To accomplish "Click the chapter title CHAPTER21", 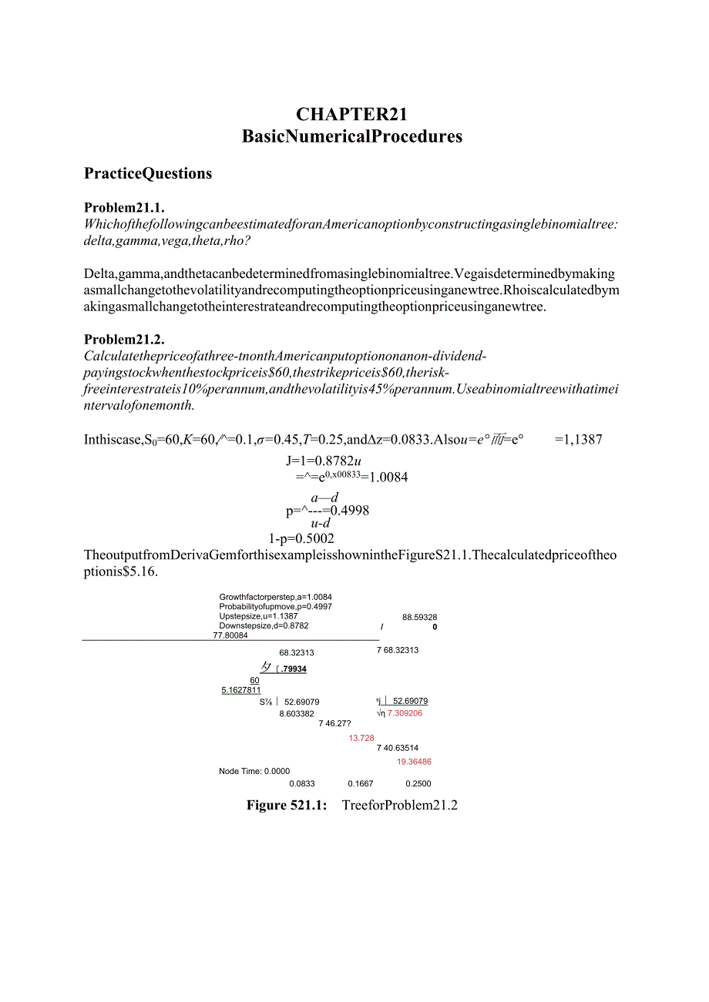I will [351, 115].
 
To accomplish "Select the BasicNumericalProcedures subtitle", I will [351, 136].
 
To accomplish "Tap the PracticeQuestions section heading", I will [148, 173].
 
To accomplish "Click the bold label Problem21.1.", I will [124, 208].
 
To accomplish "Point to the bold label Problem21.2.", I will [124, 340].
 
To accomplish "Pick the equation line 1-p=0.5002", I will [301, 538].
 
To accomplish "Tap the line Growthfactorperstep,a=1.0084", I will [275, 597].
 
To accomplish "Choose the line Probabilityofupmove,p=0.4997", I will [275, 607].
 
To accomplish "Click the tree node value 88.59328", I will [419, 618].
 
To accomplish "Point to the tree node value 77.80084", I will [230, 635].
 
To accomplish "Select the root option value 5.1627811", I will [240, 690].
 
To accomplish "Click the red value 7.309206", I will [405, 713].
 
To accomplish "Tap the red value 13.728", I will [361, 738].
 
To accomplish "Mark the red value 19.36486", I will [414, 762].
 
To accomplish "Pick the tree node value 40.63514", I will [401, 748].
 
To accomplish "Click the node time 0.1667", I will [360, 783].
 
